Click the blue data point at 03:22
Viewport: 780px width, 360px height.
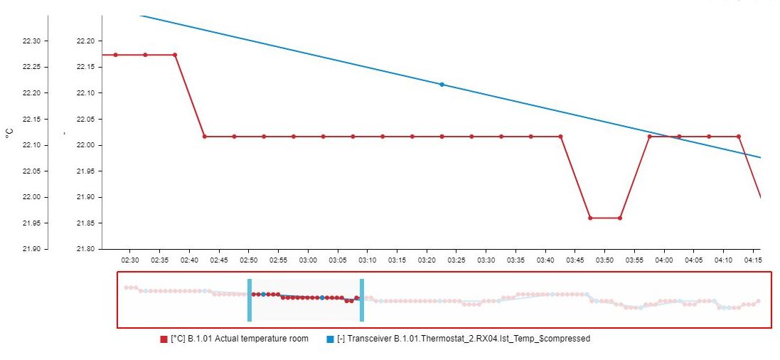pos(442,85)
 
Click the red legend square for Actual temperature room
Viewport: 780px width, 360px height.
pos(164,339)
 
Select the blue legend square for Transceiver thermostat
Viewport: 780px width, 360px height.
pos(330,339)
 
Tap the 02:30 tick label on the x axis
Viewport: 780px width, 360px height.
pos(129,260)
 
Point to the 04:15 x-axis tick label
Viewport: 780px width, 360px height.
pos(753,260)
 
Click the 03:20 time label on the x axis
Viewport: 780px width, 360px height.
pos(427,260)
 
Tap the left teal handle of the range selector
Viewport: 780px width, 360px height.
pos(250,300)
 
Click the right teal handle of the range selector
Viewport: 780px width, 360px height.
pos(362,300)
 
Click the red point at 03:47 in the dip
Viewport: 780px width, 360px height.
pos(590,218)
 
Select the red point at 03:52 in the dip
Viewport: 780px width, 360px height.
pos(620,218)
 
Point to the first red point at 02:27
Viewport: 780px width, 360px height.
pos(115,55)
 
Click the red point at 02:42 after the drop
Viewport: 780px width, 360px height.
pos(205,136)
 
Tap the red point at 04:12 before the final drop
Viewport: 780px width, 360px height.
pos(739,136)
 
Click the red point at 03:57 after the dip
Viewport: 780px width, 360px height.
pos(649,136)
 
